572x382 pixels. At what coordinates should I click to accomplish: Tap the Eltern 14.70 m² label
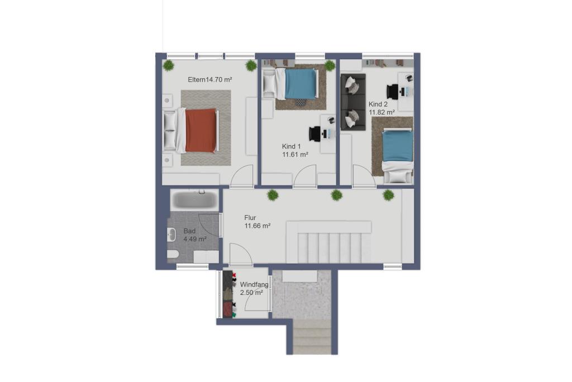(x=210, y=79)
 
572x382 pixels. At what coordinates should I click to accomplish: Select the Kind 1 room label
(x=295, y=150)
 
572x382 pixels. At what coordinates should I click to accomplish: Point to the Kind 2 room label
(x=382, y=108)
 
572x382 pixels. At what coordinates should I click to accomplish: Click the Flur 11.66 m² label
(x=257, y=222)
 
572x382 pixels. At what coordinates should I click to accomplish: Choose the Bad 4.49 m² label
(x=195, y=235)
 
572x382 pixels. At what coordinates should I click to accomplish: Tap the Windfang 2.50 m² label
(x=254, y=288)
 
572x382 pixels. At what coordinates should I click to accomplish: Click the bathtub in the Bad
(x=195, y=199)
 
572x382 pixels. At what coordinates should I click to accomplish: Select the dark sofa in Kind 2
(x=353, y=102)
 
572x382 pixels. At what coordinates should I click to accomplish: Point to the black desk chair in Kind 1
(x=314, y=133)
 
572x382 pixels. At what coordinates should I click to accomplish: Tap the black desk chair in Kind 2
(x=393, y=92)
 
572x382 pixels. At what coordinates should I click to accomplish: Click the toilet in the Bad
(x=173, y=254)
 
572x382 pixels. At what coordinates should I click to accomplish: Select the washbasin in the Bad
(x=171, y=235)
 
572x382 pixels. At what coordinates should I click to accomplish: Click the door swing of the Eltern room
(x=242, y=176)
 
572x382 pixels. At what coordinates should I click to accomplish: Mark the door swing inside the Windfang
(x=257, y=299)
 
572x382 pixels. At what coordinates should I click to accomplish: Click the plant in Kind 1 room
(x=330, y=66)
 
